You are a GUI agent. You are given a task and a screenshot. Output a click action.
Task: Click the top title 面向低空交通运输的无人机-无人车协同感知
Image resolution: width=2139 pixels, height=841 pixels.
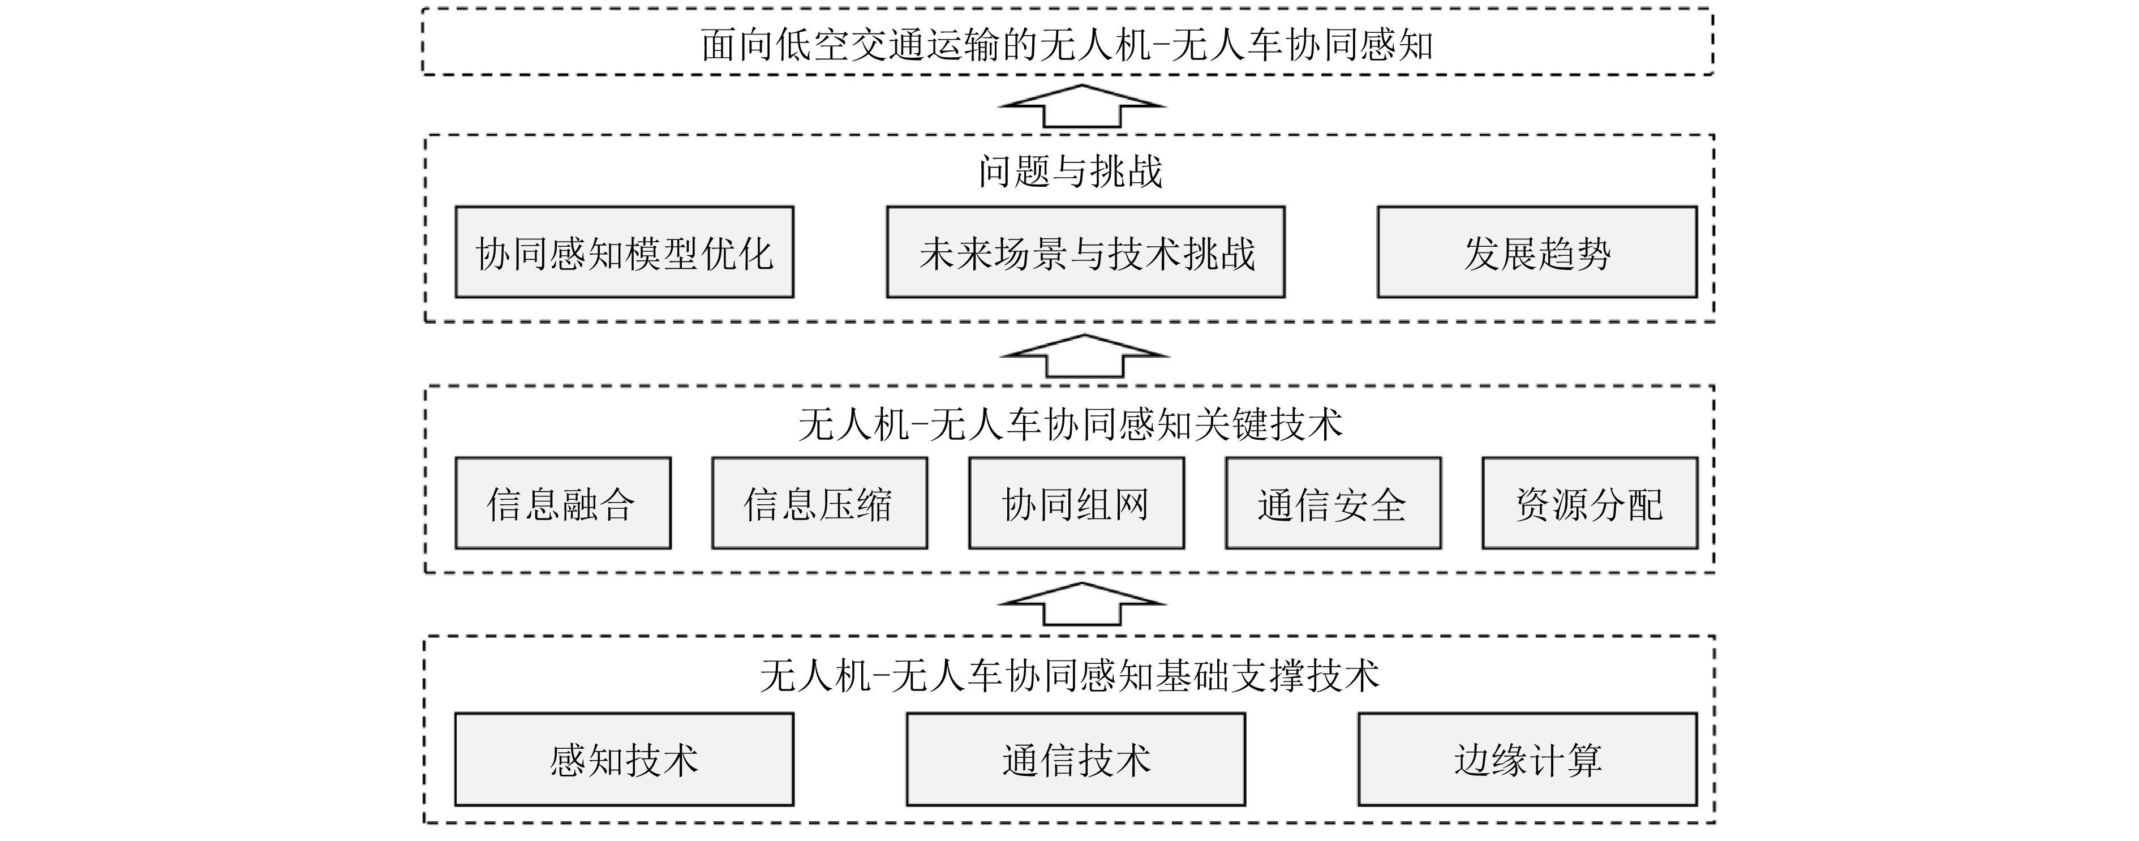tap(1067, 45)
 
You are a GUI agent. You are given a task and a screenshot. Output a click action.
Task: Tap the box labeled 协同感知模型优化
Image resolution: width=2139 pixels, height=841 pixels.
tap(624, 252)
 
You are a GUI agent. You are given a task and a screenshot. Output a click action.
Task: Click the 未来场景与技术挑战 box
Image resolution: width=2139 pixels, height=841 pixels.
tap(1085, 252)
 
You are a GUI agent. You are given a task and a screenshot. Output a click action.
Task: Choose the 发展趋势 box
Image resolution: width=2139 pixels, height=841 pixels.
tap(1536, 252)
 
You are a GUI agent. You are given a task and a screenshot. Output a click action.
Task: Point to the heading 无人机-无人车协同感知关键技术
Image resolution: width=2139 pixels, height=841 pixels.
tap(1069, 425)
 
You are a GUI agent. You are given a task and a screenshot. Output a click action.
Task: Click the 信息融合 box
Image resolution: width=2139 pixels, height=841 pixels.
tap(562, 503)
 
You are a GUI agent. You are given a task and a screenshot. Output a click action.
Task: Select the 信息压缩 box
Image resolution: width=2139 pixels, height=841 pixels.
tap(819, 503)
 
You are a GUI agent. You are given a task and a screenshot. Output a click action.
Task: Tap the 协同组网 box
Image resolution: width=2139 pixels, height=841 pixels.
tap(1076, 503)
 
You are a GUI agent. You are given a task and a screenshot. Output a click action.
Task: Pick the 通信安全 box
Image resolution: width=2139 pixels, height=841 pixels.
tap(1333, 503)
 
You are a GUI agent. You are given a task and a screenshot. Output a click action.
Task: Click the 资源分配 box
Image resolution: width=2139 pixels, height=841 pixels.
tap(1590, 503)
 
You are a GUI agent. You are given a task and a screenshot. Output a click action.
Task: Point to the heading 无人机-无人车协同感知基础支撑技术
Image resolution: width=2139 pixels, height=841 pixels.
tap(1069, 676)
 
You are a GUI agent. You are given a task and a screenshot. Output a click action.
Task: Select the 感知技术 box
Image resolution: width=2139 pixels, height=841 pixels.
tap(624, 759)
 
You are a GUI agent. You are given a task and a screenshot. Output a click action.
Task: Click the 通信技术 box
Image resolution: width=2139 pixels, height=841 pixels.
tap(1075, 759)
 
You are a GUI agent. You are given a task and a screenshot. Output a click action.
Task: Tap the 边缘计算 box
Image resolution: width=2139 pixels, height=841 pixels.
tap(1527, 759)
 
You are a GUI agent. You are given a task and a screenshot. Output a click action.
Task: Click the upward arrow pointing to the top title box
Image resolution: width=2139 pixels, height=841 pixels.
tap(1081, 106)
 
